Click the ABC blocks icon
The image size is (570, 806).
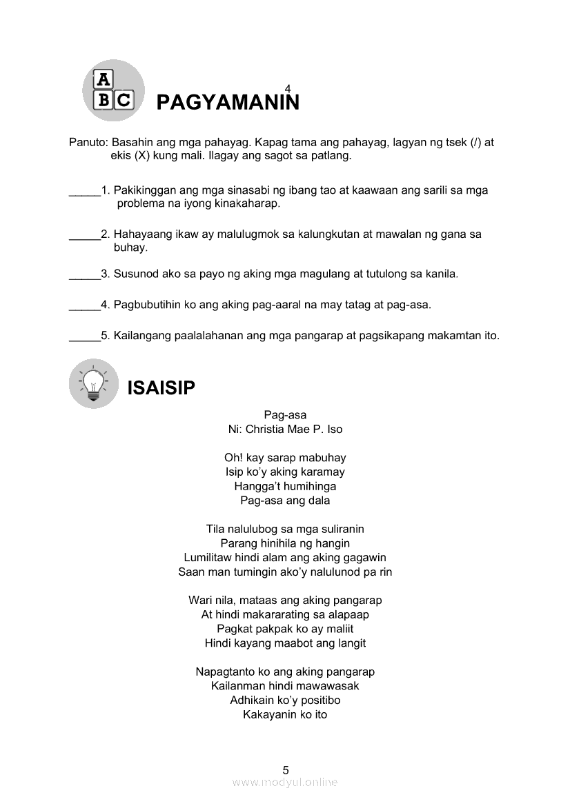tap(113, 90)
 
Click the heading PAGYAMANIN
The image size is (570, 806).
tap(228, 103)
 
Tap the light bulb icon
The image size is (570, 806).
tap(94, 383)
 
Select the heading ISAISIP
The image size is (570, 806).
tap(161, 388)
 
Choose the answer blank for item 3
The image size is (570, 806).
tap(85, 278)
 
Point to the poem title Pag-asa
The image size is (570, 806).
tap(285, 415)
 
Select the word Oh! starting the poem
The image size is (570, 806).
tap(233, 458)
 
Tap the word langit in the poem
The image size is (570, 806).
tap(350, 643)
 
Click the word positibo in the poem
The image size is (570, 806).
tap(317, 701)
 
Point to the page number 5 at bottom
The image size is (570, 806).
tap(286, 770)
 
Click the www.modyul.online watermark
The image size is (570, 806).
tap(285, 783)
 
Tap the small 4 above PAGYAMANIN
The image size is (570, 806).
tap(288, 86)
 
